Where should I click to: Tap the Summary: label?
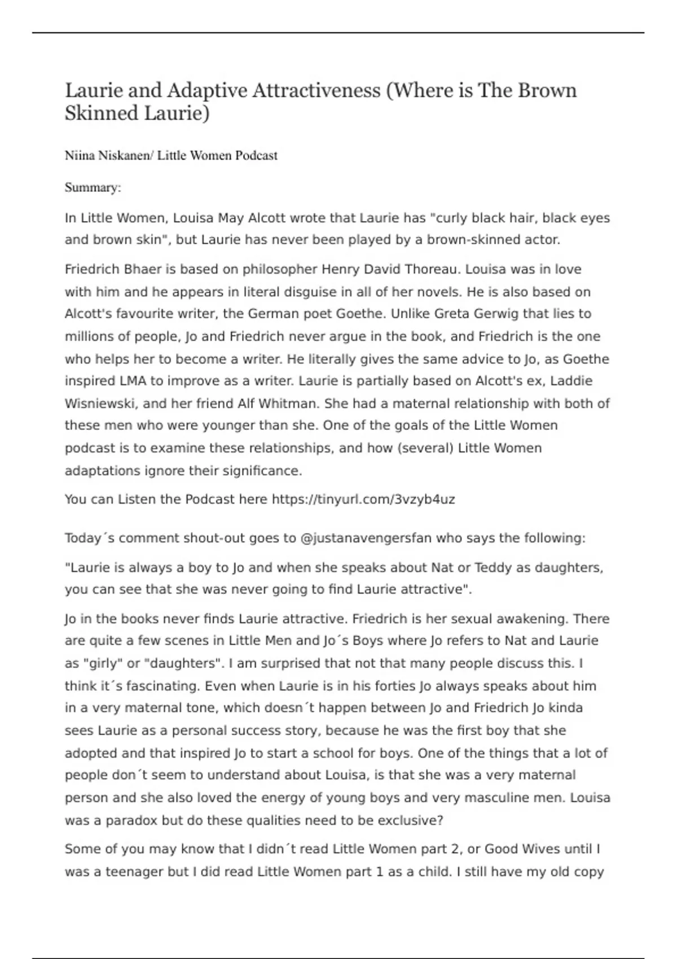[93, 187]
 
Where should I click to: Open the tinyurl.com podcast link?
[363, 499]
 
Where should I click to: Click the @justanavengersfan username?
[366, 538]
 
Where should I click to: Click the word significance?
[265, 470]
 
